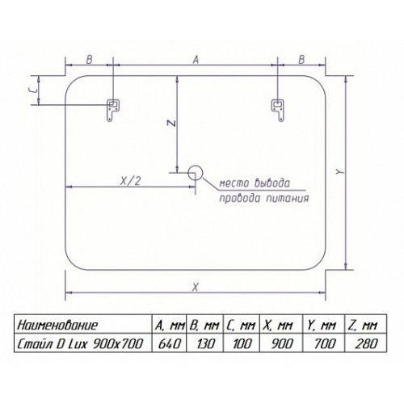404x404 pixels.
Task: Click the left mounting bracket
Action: (113, 110)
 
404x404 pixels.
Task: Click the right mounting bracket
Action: (277, 110)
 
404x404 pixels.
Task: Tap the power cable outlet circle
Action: (195, 172)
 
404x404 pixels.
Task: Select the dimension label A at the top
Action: (196, 60)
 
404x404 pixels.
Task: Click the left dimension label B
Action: (89, 60)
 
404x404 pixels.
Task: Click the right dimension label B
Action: (301, 60)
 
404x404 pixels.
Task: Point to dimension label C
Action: (33, 90)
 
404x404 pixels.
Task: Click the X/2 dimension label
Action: (130, 181)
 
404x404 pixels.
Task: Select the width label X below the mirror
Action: (196, 287)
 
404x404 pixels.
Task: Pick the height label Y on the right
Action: (340, 172)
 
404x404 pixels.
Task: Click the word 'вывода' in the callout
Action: (272, 183)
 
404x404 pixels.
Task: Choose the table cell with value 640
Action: (170, 343)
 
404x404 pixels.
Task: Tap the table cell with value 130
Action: (205, 343)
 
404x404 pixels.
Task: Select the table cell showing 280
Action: (366, 343)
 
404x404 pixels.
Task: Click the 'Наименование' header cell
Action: (83, 325)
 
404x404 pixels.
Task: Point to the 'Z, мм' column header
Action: (366, 325)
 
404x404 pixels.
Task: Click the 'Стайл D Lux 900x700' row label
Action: (83, 343)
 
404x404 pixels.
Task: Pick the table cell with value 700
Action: (324, 343)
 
